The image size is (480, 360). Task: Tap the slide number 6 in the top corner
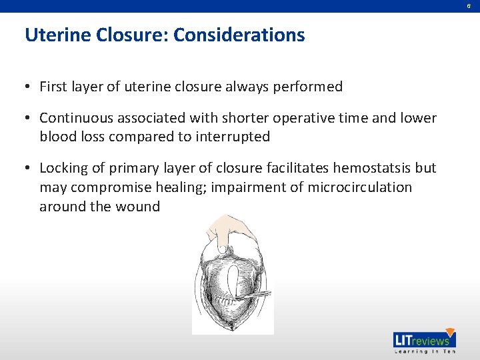(468, 6)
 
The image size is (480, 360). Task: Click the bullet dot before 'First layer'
(29, 87)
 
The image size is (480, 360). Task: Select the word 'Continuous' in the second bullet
(75, 118)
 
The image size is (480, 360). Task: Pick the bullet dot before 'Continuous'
(29, 119)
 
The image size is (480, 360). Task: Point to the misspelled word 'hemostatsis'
(377, 169)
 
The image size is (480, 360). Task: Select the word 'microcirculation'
(360, 187)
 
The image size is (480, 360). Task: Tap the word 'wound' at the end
(138, 206)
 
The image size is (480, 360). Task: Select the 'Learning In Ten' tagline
(424, 351)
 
